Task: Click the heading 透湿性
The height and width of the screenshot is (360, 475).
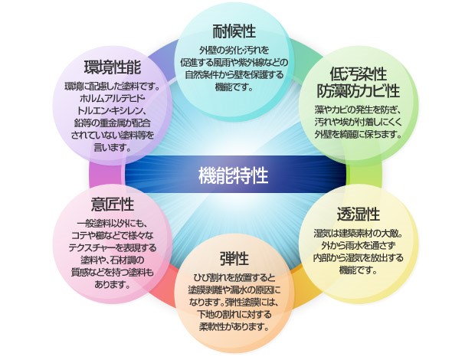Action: click(358, 213)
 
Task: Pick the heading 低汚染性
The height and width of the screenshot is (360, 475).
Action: click(357, 74)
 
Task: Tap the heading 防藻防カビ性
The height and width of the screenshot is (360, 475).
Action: click(358, 92)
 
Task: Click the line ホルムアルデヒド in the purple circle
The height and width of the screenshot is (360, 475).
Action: click(112, 100)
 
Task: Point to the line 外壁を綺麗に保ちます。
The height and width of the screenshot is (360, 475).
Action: click(358, 134)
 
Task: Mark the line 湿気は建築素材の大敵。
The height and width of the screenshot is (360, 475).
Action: click(358, 233)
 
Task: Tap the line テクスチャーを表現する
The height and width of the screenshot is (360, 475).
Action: click(113, 248)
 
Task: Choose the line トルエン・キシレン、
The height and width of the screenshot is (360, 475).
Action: click(112, 113)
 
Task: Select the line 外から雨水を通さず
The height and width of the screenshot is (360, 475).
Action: click(358, 245)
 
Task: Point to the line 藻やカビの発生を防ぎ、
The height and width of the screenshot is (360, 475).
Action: click(358, 110)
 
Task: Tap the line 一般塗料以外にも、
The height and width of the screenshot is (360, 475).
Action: click(113, 223)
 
